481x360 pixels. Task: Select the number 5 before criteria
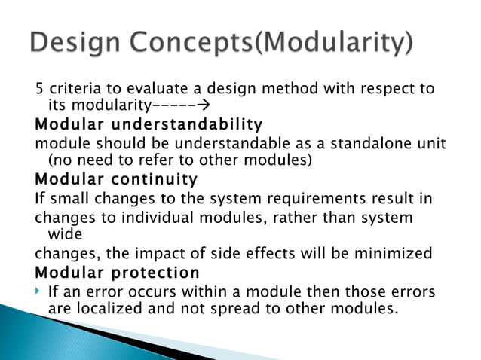(x=39, y=90)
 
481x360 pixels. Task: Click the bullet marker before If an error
(x=38, y=291)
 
